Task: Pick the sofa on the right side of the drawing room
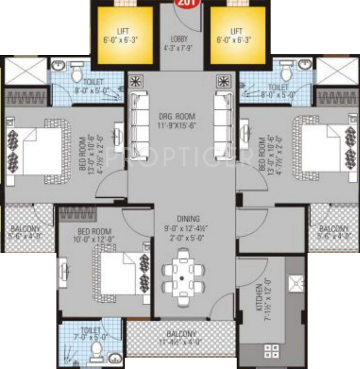(222, 119)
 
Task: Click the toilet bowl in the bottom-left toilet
(96, 350)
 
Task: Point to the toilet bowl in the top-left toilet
(76, 73)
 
